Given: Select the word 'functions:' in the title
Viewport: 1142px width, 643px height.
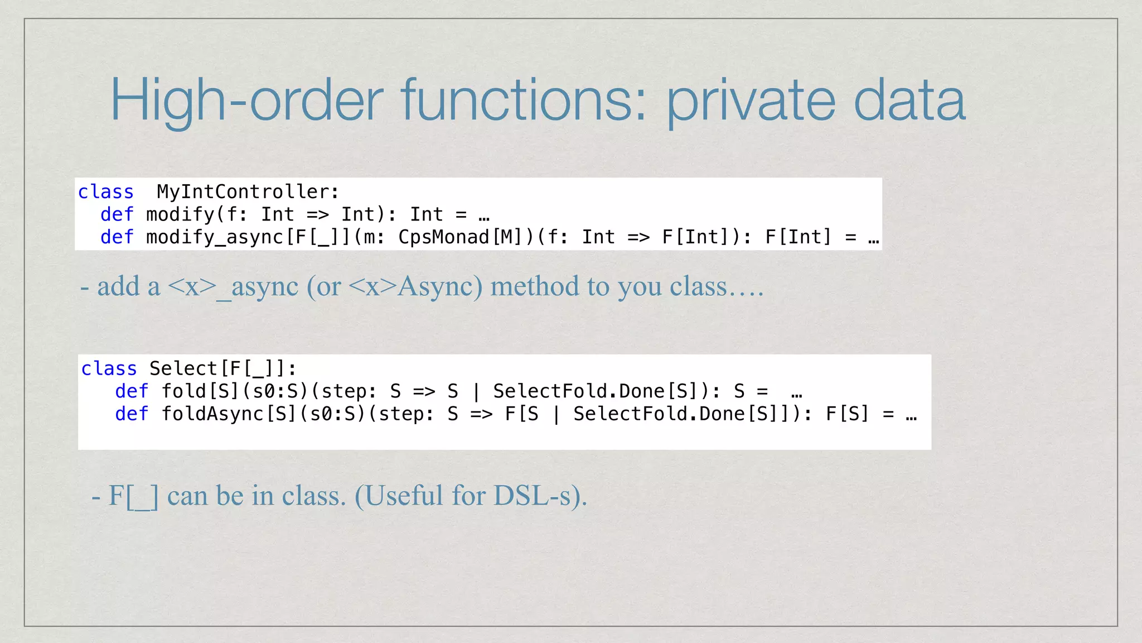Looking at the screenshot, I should [x=524, y=100].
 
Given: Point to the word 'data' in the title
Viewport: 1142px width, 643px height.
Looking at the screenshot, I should [x=909, y=100].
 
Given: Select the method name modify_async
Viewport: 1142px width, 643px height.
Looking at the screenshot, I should [x=215, y=238].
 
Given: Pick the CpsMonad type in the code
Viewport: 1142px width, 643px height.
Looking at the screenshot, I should [x=443, y=237].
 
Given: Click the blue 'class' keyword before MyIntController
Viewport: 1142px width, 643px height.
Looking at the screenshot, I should [x=106, y=192].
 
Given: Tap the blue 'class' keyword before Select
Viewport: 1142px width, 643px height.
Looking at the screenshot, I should [x=109, y=369].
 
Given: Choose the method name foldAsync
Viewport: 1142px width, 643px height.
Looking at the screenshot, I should [x=212, y=414].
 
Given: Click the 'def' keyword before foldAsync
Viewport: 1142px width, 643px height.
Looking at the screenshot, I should [x=132, y=414].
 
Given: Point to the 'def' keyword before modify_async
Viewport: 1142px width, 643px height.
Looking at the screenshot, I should [x=117, y=237].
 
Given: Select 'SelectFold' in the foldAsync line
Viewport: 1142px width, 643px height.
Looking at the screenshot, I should [x=630, y=414].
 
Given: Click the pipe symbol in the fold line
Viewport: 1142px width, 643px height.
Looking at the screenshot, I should [x=476, y=392].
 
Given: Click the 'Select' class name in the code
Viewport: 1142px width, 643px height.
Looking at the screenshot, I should [x=183, y=369].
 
